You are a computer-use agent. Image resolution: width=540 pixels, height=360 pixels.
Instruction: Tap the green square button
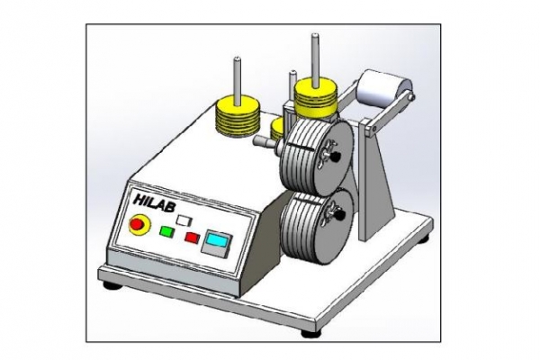tap(166, 231)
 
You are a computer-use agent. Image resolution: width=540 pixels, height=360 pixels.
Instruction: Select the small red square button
tap(191, 238)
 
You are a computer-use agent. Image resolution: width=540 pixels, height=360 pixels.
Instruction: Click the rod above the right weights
tap(315, 55)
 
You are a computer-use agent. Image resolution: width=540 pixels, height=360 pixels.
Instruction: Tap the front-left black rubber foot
tap(112, 285)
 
